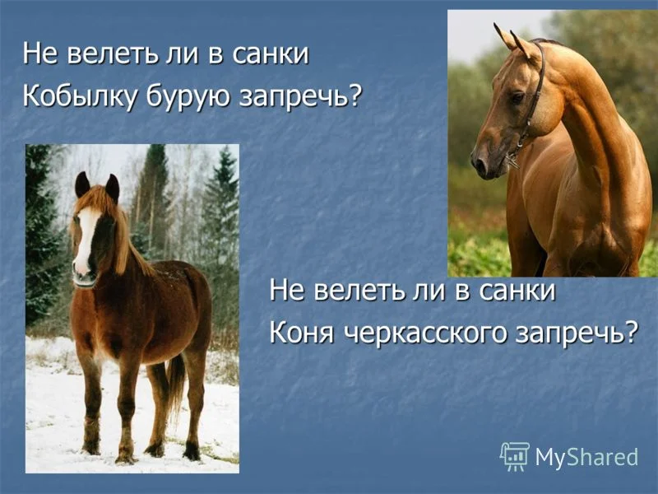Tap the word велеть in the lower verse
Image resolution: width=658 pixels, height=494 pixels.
(x=350, y=291)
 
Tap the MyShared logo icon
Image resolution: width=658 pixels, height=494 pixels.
(x=515, y=455)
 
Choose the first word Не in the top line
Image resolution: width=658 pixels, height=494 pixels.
(x=38, y=54)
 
